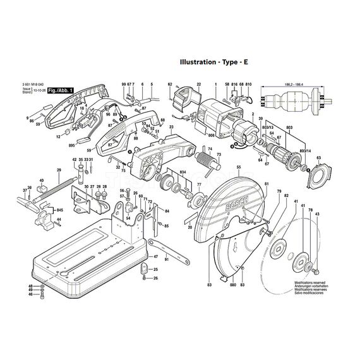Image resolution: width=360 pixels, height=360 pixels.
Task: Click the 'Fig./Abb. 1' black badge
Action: (x=62, y=91)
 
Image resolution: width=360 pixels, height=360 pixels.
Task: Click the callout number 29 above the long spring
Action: (x=59, y=171)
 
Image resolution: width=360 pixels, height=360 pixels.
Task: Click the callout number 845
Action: (x=60, y=210)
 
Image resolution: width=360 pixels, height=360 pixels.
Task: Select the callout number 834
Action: (x=182, y=172)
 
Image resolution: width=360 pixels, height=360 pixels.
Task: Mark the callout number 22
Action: (x=198, y=85)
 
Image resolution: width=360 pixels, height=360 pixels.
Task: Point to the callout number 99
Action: (x=123, y=85)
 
